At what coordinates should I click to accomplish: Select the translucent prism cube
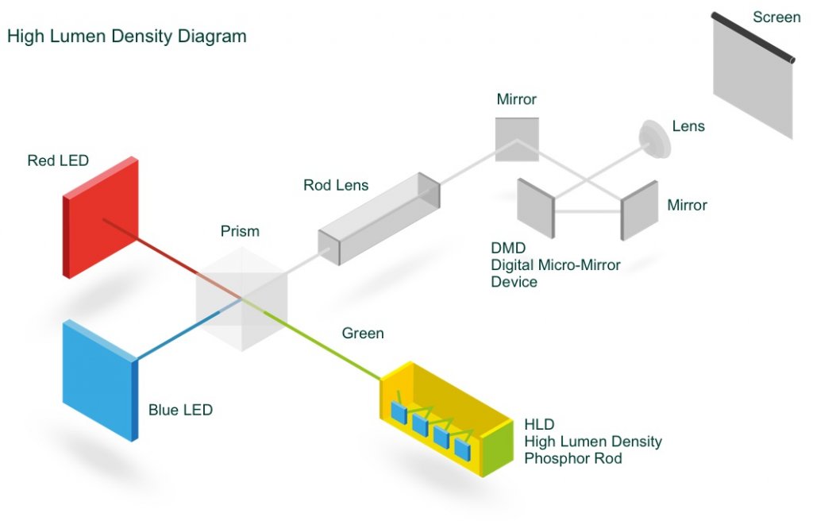[240, 298]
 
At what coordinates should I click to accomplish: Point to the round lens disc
[656, 137]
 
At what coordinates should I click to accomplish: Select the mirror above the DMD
[517, 140]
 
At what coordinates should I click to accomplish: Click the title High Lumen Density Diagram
[127, 37]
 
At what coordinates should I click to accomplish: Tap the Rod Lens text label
[336, 186]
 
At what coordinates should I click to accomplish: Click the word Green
[363, 334]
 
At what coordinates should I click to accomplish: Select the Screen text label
[776, 17]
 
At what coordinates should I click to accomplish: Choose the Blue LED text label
[180, 411]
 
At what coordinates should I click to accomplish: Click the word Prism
[240, 232]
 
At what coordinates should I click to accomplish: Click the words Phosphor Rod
[573, 458]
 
